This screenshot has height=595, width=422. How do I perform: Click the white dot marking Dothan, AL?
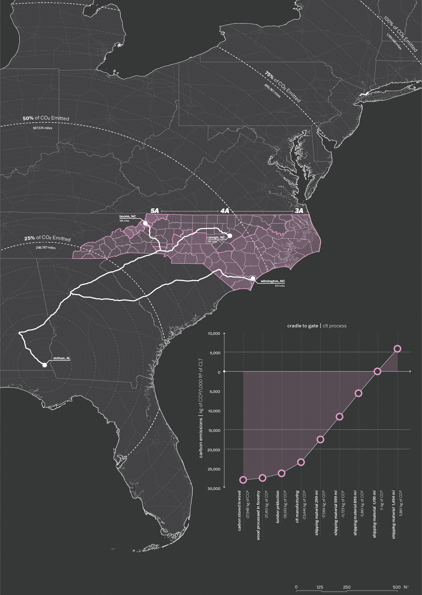pos(44,365)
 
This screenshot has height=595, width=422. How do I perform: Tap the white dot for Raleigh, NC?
pos(230,236)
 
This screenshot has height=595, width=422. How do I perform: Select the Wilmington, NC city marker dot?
pos(253,279)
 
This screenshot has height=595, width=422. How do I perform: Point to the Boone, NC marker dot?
pos(145,223)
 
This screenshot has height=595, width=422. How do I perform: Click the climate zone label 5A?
pos(155,211)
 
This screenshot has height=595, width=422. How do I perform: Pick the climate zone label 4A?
pos(225,211)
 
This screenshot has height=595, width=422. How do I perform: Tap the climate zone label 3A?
pos(299,211)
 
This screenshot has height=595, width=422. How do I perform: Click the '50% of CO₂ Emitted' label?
pos(46,118)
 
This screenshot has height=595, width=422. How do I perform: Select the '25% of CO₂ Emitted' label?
pos(47,238)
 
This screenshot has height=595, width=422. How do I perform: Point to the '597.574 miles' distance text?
pos(43,128)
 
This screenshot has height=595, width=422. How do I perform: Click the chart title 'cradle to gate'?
pos(303,326)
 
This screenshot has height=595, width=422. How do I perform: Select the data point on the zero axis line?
pos(377,371)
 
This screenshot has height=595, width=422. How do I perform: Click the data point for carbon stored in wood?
pos(243,480)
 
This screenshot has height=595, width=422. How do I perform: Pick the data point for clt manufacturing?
pos(301,462)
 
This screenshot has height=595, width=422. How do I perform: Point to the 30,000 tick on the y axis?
pos(214,488)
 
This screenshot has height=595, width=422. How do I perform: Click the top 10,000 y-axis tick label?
pos(214,333)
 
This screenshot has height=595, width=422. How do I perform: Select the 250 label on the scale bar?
pos(347,587)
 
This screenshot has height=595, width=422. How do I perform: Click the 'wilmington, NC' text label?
pos(273,281)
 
